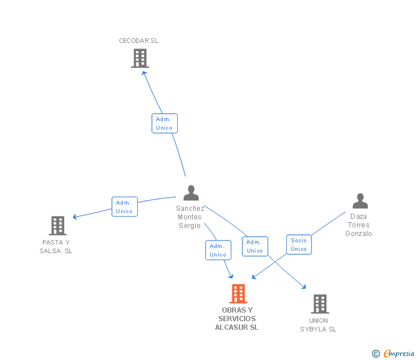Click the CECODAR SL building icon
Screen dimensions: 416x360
[x=140, y=58]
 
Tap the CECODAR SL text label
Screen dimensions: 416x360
[x=138, y=41]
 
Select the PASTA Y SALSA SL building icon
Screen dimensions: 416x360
[x=58, y=226]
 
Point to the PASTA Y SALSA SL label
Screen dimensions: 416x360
[x=56, y=246]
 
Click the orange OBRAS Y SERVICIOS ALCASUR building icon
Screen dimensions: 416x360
[x=238, y=294]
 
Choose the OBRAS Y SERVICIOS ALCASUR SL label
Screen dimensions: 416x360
[x=237, y=319]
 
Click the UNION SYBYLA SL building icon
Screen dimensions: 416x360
[x=320, y=304]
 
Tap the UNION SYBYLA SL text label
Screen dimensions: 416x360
[x=318, y=325]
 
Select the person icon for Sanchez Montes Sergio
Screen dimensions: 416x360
[x=191, y=193]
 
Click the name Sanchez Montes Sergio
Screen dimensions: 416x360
[x=190, y=217]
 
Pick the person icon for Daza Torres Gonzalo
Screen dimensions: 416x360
[x=360, y=201]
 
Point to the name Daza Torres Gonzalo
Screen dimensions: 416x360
[x=358, y=225]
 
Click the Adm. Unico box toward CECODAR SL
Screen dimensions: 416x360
[x=165, y=123]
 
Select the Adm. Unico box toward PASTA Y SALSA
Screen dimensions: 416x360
[x=125, y=207]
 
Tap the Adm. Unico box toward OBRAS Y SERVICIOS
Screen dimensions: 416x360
[x=218, y=250]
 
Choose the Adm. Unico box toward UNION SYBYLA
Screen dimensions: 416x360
[x=255, y=246]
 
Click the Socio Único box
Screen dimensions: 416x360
[x=299, y=245]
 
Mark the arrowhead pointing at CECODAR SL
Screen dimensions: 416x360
[x=144, y=74]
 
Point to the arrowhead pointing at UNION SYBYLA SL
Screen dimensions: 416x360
[x=304, y=286]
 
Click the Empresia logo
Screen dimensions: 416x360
[x=393, y=353]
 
